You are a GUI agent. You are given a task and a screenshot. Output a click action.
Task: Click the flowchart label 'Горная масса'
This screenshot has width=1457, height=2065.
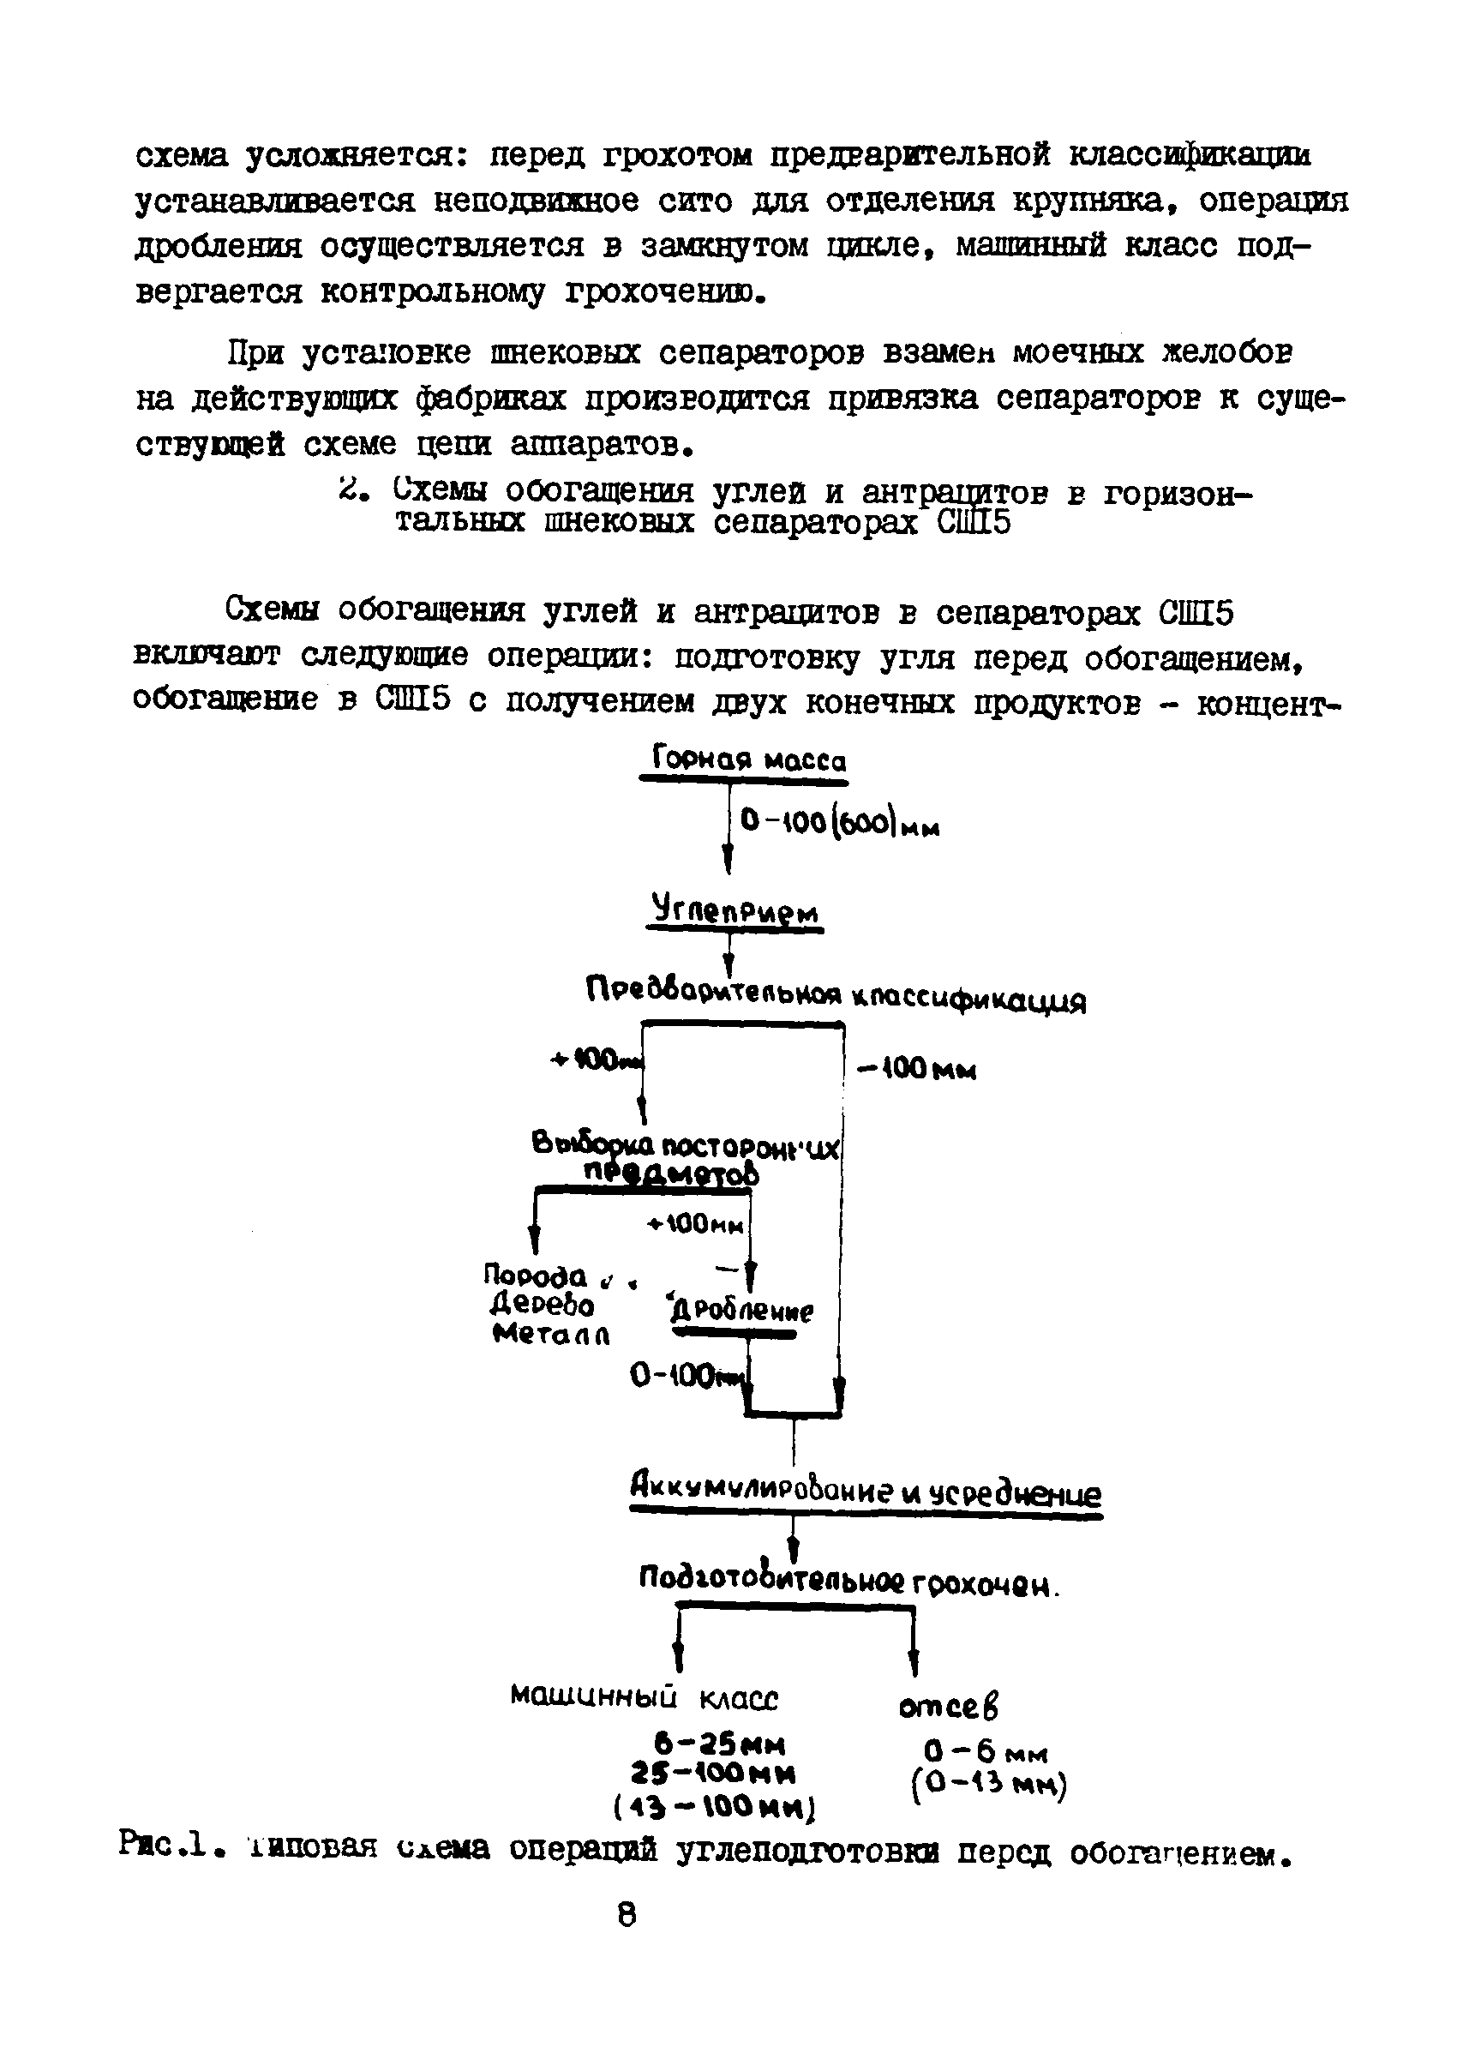pos(748,761)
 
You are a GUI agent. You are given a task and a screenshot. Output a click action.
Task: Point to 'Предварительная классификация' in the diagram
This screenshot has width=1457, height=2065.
pos(836,995)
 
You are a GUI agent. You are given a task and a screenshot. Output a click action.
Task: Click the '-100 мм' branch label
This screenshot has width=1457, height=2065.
pos(916,1070)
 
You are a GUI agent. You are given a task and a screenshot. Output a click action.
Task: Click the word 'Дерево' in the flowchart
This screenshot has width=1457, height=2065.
pos(542,1304)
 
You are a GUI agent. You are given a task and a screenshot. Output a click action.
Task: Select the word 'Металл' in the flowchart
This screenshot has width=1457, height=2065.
pos(551,1335)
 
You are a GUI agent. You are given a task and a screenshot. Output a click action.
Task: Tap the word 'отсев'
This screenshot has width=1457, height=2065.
pos(948,1705)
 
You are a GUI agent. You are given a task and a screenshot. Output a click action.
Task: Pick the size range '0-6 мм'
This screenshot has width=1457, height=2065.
pos(985,1750)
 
